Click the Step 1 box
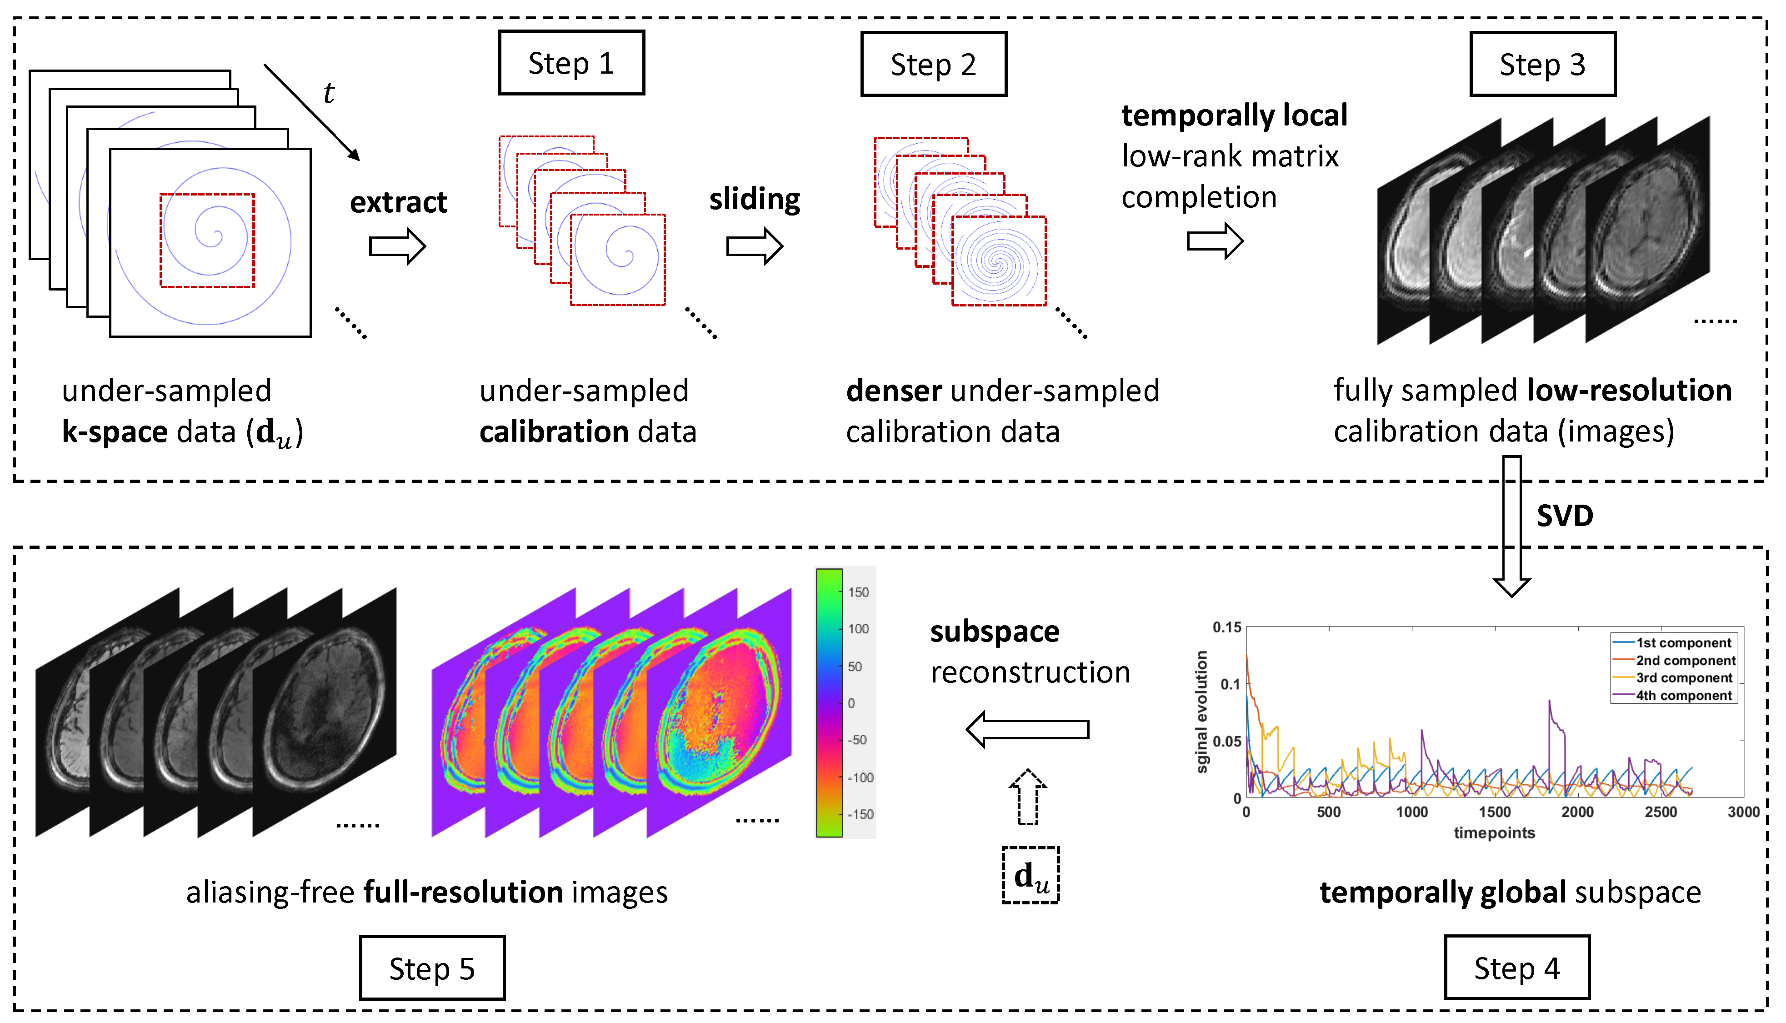571,63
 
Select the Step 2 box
933,65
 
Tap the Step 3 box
1542,65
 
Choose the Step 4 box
1517,968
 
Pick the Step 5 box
432,968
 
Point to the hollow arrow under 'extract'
397,246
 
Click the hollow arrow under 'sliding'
754,246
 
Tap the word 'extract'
398,202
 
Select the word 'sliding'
754,200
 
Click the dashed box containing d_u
1031,875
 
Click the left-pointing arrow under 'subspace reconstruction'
1027,729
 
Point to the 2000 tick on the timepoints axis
1577,812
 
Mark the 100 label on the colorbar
858,629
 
